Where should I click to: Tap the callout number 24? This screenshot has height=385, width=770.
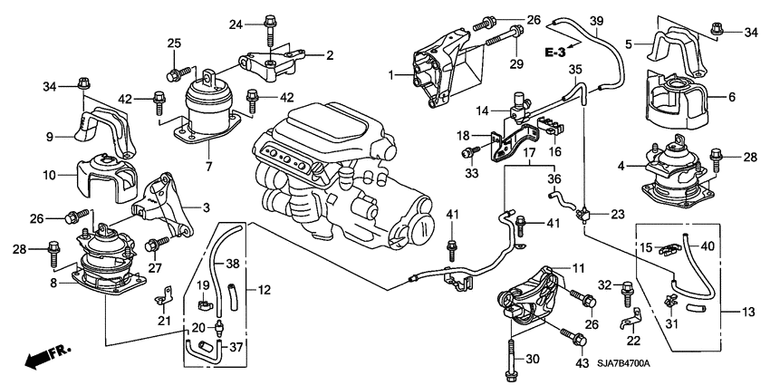[x=236, y=23]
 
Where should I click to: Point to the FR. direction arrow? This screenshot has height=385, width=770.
[x=41, y=359]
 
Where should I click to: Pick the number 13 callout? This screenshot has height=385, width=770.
[x=749, y=313]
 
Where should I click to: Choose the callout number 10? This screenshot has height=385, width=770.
[x=50, y=172]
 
